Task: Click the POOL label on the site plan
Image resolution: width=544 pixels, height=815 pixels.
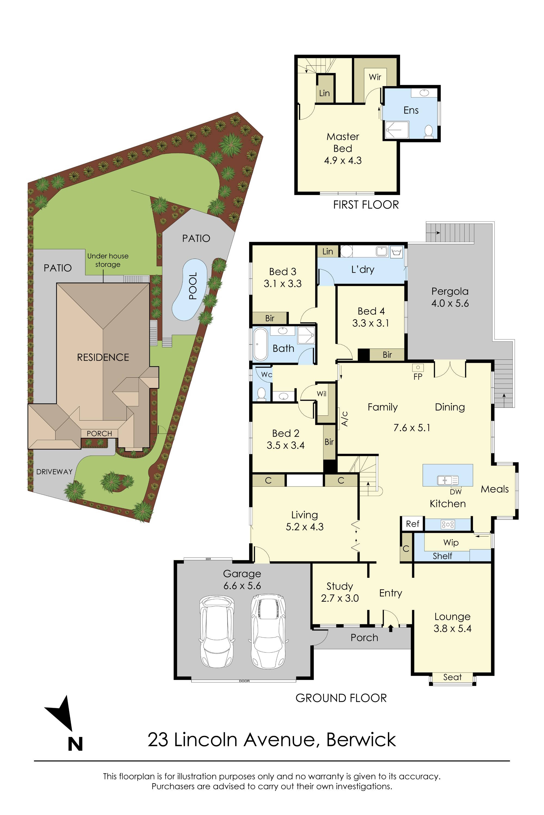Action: point(193,286)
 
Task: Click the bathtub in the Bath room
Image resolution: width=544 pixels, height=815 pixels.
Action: point(260,344)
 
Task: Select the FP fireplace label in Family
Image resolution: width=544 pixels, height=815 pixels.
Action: point(418,376)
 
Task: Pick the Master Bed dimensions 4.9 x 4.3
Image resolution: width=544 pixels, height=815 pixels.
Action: point(343,161)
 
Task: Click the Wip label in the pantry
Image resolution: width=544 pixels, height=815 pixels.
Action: point(451,542)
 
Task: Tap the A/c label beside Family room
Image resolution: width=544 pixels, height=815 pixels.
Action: point(345,419)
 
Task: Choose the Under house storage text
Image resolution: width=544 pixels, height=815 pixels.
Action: point(108,260)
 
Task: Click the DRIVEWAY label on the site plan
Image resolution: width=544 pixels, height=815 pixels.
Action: point(54,472)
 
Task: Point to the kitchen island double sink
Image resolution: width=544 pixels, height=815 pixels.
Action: point(447,480)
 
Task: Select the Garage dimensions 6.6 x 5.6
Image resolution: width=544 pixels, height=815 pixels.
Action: point(242,586)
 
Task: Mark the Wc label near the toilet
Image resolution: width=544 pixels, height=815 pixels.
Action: point(267,375)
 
